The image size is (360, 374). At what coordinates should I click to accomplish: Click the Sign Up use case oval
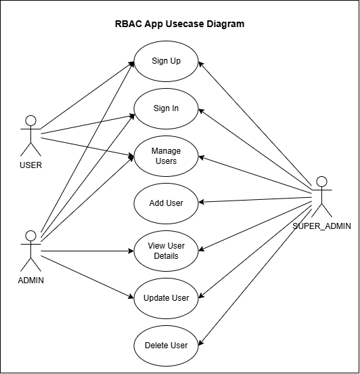click(166, 61)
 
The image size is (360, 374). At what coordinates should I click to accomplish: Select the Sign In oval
click(166, 109)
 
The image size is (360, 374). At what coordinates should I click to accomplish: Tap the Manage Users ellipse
click(166, 157)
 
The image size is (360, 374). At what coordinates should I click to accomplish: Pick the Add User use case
click(166, 203)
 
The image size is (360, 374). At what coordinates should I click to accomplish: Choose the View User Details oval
click(166, 251)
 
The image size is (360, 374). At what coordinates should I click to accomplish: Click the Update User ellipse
click(166, 298)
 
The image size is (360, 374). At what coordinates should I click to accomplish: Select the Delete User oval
click(166, 346)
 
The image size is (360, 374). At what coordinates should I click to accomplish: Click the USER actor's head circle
click(30, 121)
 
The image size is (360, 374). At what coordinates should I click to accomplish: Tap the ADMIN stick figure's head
click(30, 236)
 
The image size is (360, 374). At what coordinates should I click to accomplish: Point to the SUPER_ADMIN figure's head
click(321, 182)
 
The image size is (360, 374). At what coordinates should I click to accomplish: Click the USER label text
click(30, 165)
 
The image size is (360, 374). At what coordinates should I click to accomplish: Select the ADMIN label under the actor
click(30, 280)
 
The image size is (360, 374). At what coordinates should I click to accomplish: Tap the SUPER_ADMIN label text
click(321, 226)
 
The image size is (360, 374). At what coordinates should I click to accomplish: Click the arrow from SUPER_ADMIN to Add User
click(255, 200)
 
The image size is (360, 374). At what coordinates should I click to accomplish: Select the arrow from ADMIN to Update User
click(87, 277)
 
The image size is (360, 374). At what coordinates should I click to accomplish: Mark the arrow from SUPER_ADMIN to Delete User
click(255, 277)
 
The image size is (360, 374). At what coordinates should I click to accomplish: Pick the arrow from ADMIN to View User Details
click(87, 251)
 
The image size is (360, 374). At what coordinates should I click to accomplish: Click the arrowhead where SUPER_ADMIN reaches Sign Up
click(201, 64)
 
